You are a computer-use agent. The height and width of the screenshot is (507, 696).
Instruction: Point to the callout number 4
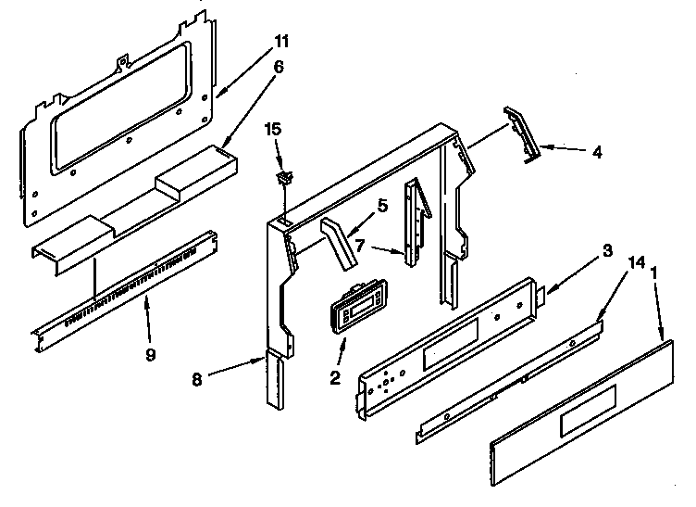pos(597,152)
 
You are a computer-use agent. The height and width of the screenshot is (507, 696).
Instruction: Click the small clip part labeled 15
pos(282,175)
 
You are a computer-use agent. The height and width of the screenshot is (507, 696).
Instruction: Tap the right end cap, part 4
pos(524,134)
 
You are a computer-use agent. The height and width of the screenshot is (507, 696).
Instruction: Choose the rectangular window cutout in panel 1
pos(582,422)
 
